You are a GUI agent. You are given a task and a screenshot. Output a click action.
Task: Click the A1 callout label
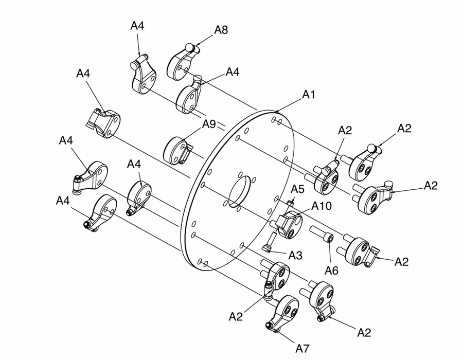(309, 94)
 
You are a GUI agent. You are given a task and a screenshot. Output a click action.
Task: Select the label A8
(221, 30)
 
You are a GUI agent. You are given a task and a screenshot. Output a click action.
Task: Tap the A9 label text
(209, 124)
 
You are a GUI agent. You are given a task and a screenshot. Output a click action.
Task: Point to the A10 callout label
(322, 206)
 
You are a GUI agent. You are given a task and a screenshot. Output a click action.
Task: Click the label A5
(297, 189)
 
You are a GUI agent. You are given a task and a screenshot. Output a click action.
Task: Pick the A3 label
(295, 255)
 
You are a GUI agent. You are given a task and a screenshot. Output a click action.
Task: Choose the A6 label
(331, 270)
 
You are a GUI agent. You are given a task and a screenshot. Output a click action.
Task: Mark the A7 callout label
(302, 349)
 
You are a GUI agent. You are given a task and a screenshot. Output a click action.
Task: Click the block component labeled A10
(290, 224)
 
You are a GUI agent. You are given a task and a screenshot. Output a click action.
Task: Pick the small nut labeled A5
(290, 203)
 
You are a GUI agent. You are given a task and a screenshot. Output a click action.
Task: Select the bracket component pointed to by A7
(283, 313)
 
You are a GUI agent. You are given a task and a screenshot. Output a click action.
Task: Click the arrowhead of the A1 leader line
(276, 112)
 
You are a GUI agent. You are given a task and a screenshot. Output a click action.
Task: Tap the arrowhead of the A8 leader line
(195, 45)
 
